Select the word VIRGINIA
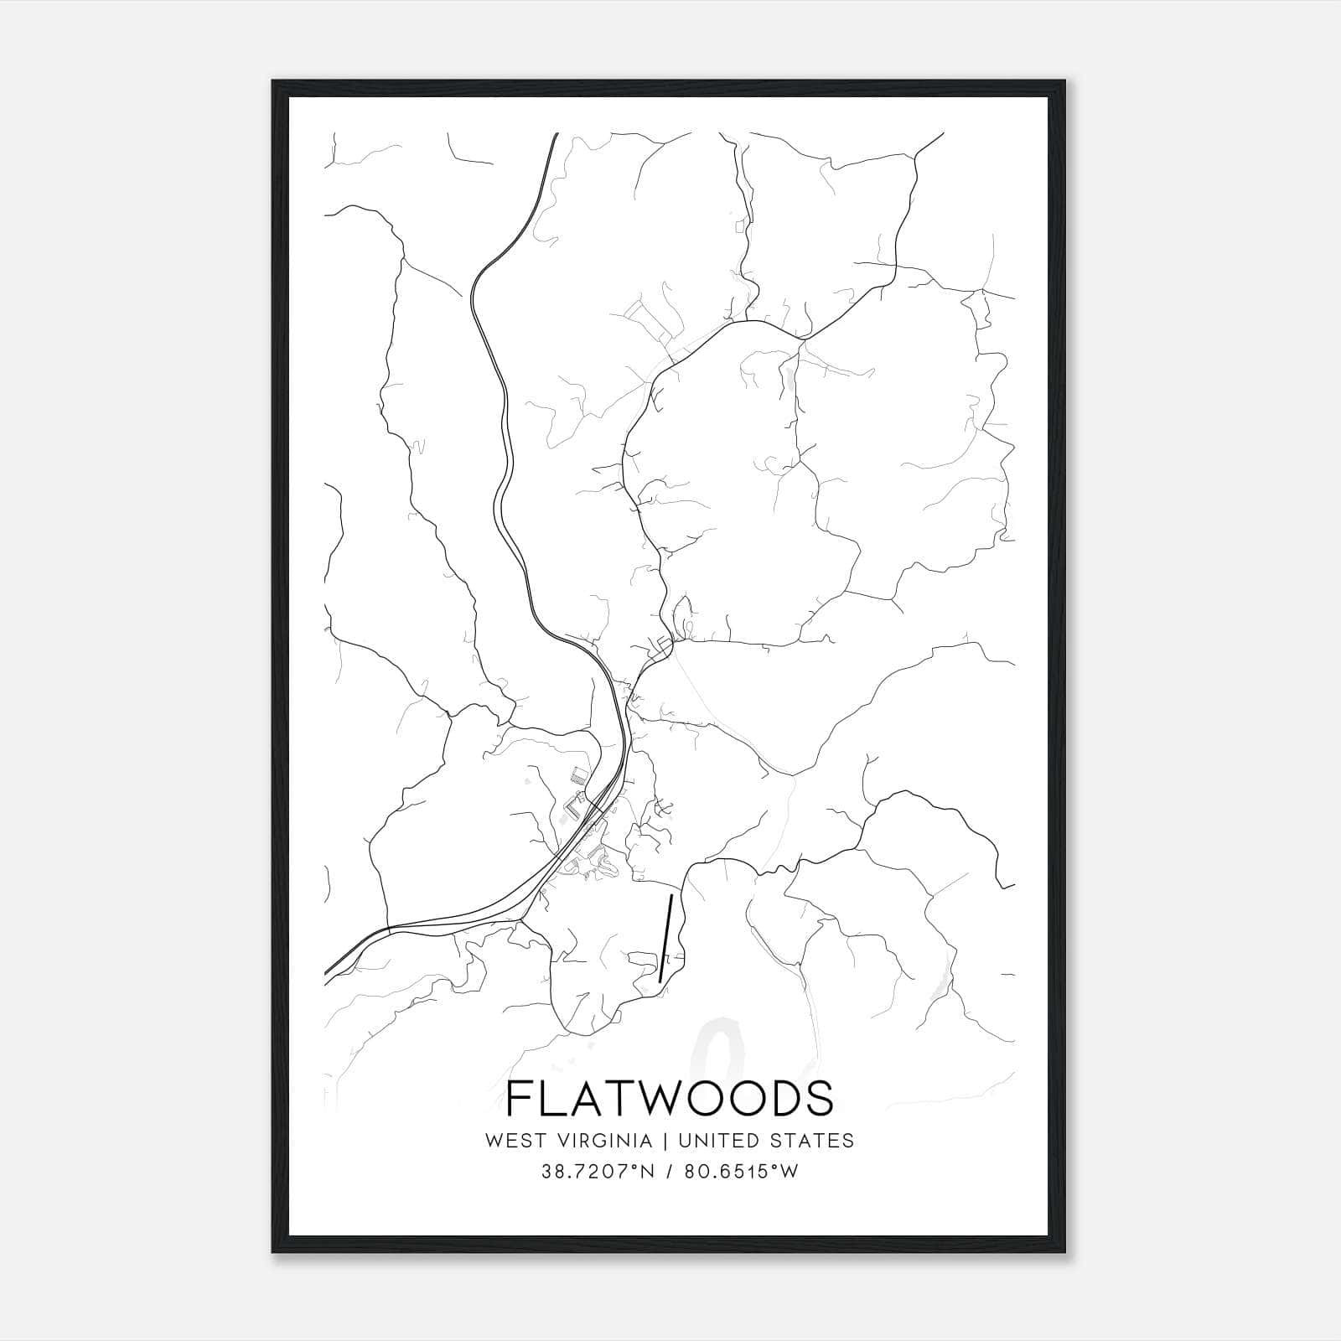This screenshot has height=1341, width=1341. coord(604,1141)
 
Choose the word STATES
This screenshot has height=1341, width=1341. coord(819,1141)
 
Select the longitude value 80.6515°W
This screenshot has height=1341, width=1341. coord(742,1172)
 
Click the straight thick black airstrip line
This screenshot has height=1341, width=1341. coord(666,937)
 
